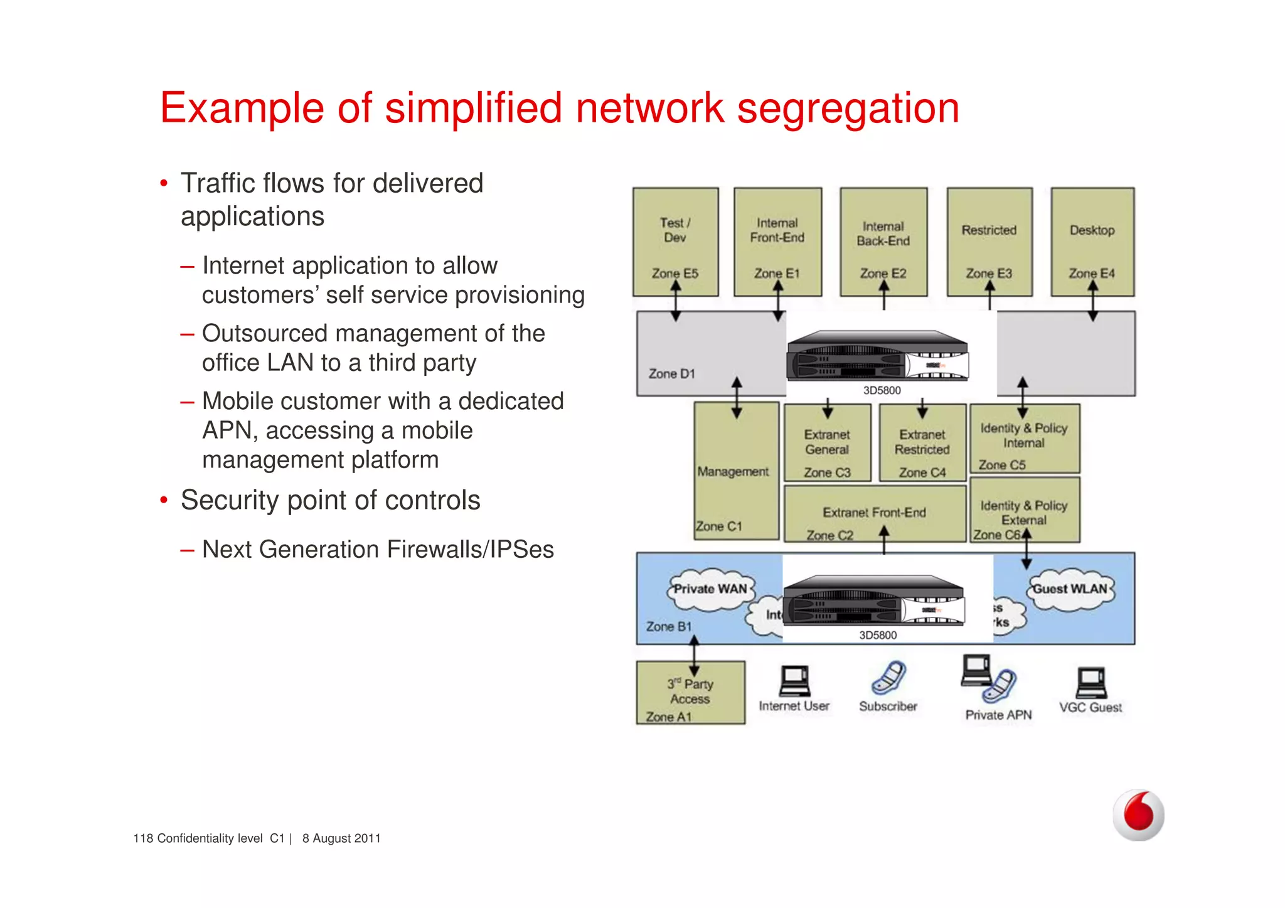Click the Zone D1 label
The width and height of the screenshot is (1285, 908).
(x=671, y=373)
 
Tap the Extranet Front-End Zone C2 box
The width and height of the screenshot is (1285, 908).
(x=874, y=514)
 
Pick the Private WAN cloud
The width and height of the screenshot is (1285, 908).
(x=710, y=589)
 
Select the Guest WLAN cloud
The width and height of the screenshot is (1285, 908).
(x=1070, y=589)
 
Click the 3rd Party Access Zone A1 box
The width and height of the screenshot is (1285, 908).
(x=690, y=693)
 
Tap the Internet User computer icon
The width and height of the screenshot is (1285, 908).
(x=794, y=681)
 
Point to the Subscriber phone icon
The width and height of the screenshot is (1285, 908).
(x=888, y=678)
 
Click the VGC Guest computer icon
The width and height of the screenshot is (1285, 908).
(x=1091, y=683)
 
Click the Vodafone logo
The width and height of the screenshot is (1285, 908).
(x=1138, y=815)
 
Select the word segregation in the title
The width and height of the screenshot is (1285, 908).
(x=848, y=108)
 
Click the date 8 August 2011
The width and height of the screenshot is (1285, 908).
(x=341, y=838)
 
